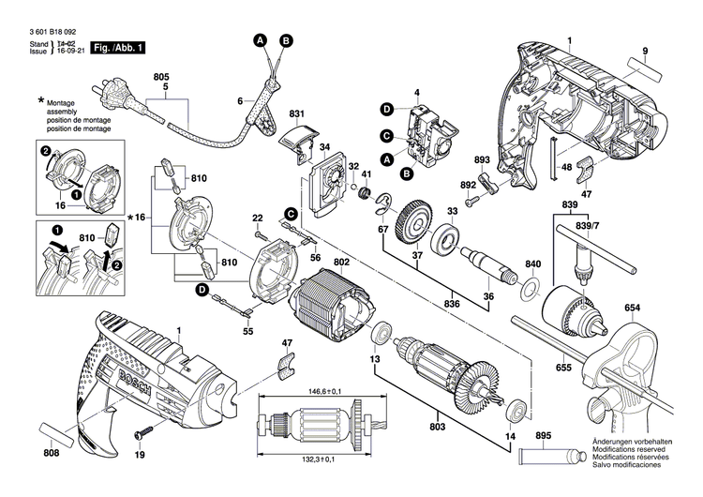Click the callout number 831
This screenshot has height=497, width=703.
pyautogui.click(x=297, y=114)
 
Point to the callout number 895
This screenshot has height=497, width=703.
pyautogui.click(x=544, y=436)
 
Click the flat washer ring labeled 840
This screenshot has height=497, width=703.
pyautogui.click(x=531, y=285)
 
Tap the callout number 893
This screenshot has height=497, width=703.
pyautogui.click(x=482, y=160)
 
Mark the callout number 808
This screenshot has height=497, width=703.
pyautogui.click(x=51, y=454)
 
